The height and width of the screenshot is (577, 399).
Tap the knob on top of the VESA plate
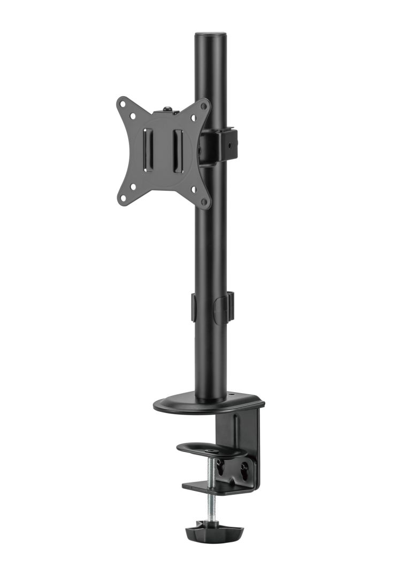(167, 110)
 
